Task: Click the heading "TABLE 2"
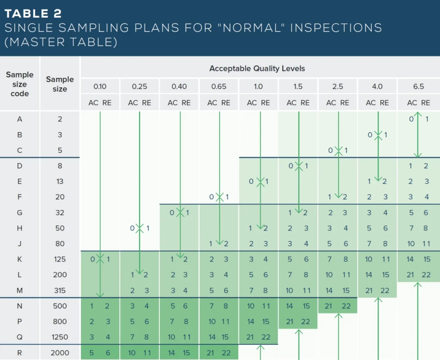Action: pyautogui.click(x=34, y=13)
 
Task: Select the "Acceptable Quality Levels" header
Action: pyautogui.click(x=257, y=68)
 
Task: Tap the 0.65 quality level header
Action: pyautogui.click(x=219, y=86)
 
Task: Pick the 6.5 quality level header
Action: pyautogui.click(x=418, y=86)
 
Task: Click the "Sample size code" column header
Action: pyautogui.click(x=20, y=84)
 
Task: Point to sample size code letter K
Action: pyautogui.click(x=20, y=259)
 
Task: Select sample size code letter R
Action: pyautogui.click(x=20, y=352)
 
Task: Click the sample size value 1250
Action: pyautogui.click(x=60, y=337)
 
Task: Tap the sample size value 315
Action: pyautogui.click(x=60, y=290)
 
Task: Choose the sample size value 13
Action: pyautogui.click(x=60, y=181)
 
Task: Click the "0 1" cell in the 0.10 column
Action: pyautogui.click(x=100, y=259)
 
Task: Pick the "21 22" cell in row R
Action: pyautogui.click(x=219, y=352)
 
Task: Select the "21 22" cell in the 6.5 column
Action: pyautogui.click(x=418, y=274)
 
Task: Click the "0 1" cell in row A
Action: pyautogui.click(x=418, y=119)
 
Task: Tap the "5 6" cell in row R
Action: pyautogui.click(x=100, y=352)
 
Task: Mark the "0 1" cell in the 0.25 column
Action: pyautogui.click(x=139, y=228)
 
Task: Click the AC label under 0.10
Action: pyautogui.click(x=93, y=103)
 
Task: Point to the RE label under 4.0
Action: pyautogui.click(x=384, y=103)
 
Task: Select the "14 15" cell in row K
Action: pyautogui.click(x=418, y=259)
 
